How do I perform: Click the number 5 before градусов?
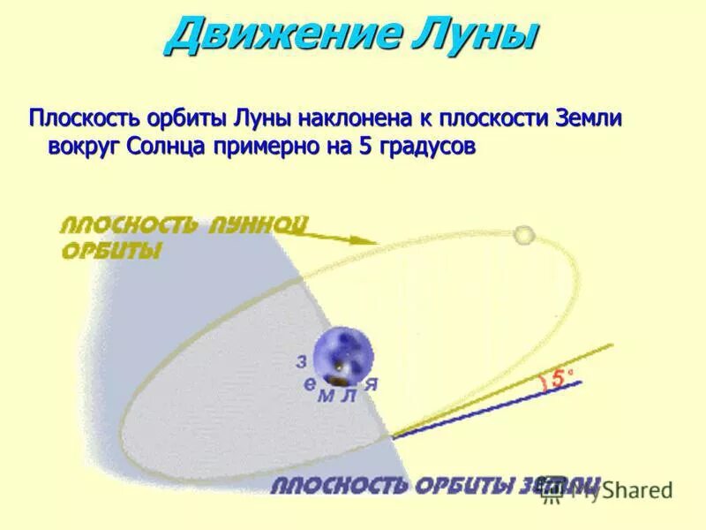[365, 146]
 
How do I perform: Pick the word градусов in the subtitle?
[428, 147]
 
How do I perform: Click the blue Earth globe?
[343, 354]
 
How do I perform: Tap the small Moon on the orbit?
[524, 235]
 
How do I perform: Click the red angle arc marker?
[541, 382]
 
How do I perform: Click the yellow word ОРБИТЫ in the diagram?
[110, 252]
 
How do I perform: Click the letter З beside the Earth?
[301, 361]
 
